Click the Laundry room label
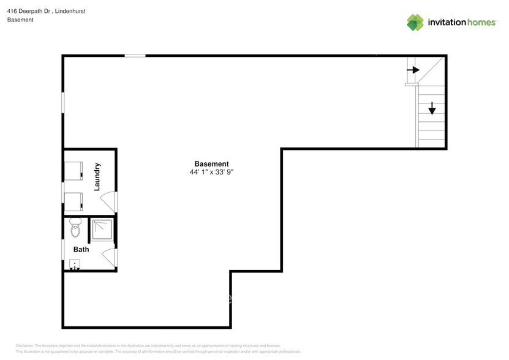coord(97,177)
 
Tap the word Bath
coord(81,249)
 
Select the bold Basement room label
coord(211,164)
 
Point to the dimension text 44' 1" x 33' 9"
coord(211,173)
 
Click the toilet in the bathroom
coord(75,228)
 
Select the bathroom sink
coord(75,264)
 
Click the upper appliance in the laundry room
coord(74,171)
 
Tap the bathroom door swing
coord(109,257)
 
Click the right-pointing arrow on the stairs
coord(413,70)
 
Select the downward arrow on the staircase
coord(432,108)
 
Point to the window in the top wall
coord(135,56)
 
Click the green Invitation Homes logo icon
coord(415,22)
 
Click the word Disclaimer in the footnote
coord(25,346)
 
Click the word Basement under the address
coord(20,20)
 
